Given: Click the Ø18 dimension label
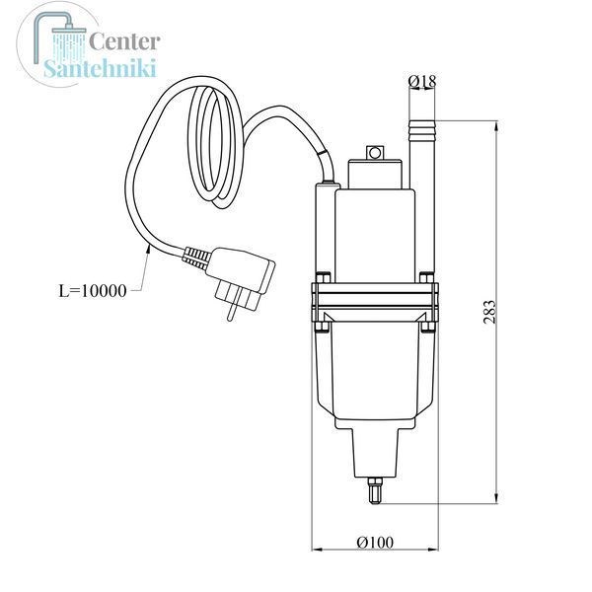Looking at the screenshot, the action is tap(422, 81).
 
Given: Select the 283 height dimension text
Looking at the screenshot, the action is tap(489, 312).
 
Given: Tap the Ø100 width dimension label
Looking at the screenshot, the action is tap(375, 543).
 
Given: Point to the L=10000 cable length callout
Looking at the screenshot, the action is tap(93, 291).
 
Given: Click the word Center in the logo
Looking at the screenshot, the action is tap(124, 41).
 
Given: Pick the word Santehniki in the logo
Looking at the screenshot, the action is tap(100, 68).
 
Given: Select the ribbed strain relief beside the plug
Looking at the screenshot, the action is tap(195, 258).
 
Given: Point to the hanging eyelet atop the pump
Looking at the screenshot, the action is tap(375, 153).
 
